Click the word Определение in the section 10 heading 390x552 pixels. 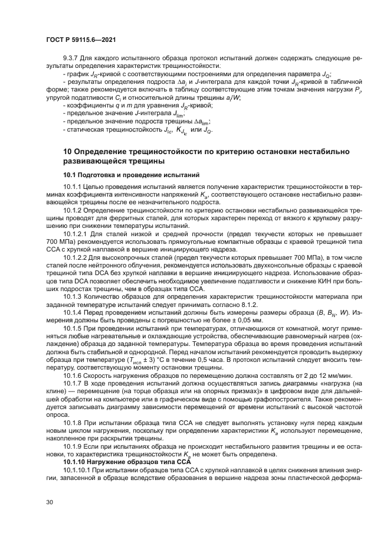click(x=106, y=152)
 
